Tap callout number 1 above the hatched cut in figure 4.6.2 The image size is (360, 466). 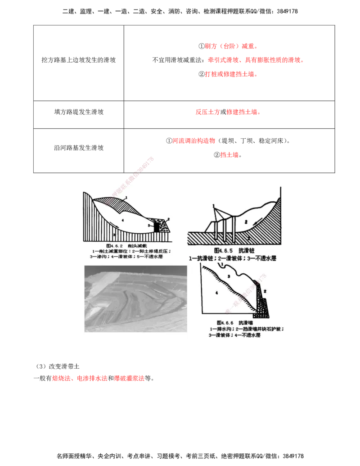click(x=127, y=197)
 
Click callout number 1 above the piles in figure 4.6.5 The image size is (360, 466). click(x=214, y=210)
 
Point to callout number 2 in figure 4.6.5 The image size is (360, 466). click(x=247, y=222)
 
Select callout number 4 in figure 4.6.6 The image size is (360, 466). click(x=216, y=293)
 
